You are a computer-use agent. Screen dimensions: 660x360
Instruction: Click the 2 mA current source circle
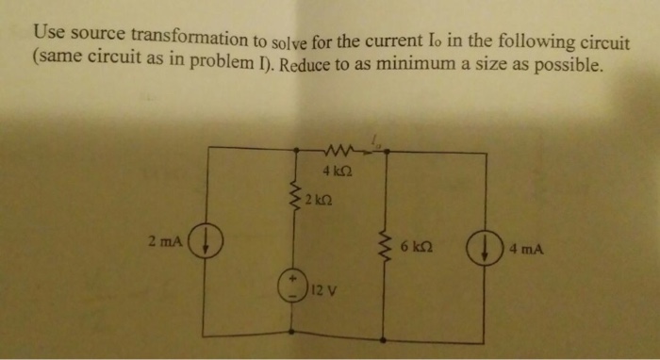point(202,244)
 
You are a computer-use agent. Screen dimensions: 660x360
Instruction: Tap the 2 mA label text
point(165,241)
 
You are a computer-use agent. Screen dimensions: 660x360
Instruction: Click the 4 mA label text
point(524,250)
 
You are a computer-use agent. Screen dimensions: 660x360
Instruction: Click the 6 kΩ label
point(416,249)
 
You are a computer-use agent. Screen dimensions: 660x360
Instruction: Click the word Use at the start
point(47,31)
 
